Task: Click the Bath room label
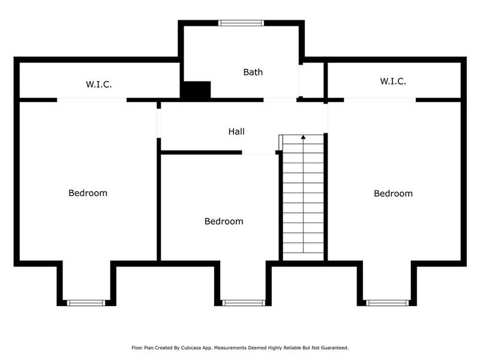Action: [253, 72]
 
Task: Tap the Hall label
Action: [236, 131]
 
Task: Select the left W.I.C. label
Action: [98, 84]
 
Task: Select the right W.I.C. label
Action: [393, 81]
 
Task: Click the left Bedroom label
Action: [88, 193]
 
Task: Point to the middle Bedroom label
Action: [224, 221]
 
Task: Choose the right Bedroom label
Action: [393, 193]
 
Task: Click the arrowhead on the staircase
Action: [303, 137]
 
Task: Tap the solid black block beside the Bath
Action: [196, 89]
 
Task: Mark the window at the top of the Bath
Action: [241, 23]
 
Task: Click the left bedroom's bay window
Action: [86, 303]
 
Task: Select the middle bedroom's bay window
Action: [242, 303]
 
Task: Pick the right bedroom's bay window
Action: [386, 303]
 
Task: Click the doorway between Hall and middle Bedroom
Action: [259, 154]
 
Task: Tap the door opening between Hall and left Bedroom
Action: [159, 123]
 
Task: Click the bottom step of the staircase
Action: [303, 256]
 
